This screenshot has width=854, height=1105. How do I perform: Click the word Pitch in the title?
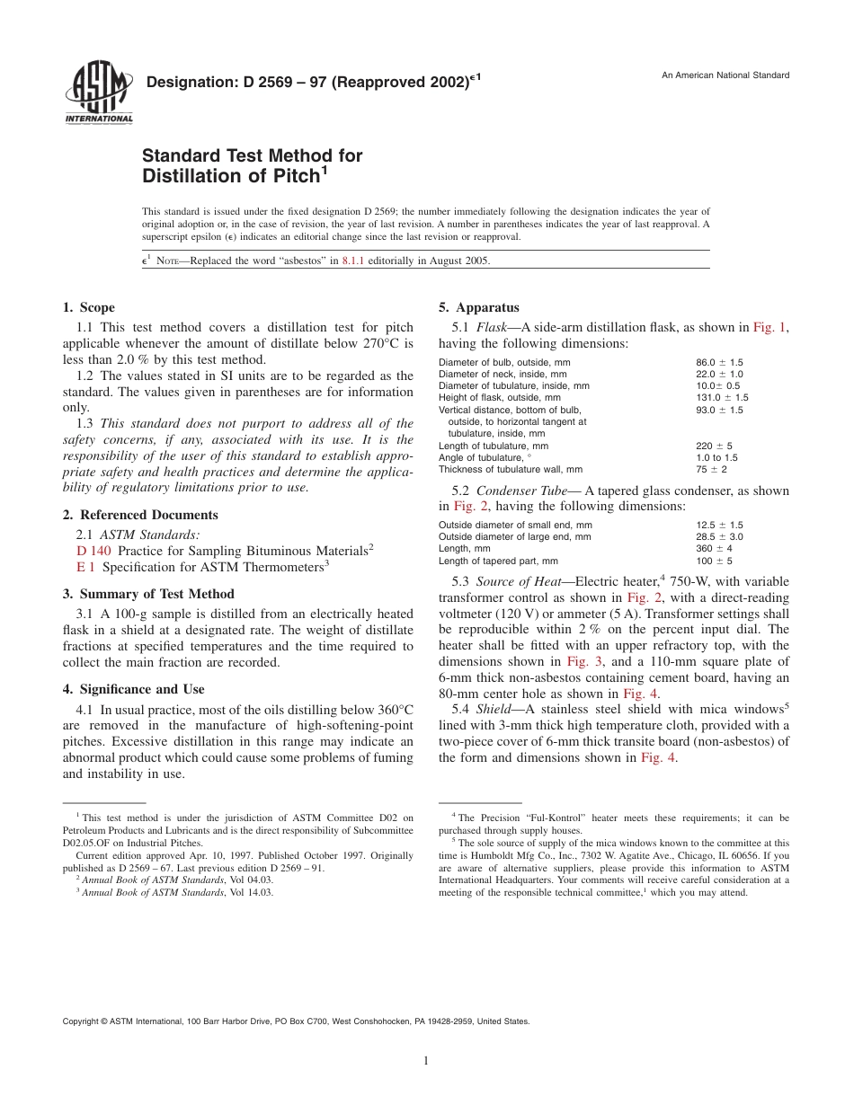(x=289, y=177)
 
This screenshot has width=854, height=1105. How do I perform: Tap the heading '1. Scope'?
(x=89, y=308)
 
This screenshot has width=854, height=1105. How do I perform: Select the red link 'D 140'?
(x=94, y=550)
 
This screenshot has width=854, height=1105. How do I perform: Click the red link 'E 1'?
(x=86, y=567)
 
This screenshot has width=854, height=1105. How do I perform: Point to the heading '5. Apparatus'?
(x=479, y=308)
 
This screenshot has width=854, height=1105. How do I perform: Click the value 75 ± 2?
(x=711, y=469)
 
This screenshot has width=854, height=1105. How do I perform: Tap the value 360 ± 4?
(x=714, y=549)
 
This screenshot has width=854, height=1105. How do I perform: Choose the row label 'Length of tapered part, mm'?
(x=498, y=561)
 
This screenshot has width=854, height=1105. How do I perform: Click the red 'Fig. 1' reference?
(x=769, y=328)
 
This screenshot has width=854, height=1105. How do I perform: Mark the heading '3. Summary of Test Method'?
(x=148, y=594)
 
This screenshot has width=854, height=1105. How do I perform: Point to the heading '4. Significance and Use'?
(x=134, y=689)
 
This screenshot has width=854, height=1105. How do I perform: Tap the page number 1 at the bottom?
(x=426, y=1061)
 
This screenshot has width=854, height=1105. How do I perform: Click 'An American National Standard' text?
(x=725, y=75)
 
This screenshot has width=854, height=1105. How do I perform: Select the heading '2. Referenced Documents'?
(x=140, y=515)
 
